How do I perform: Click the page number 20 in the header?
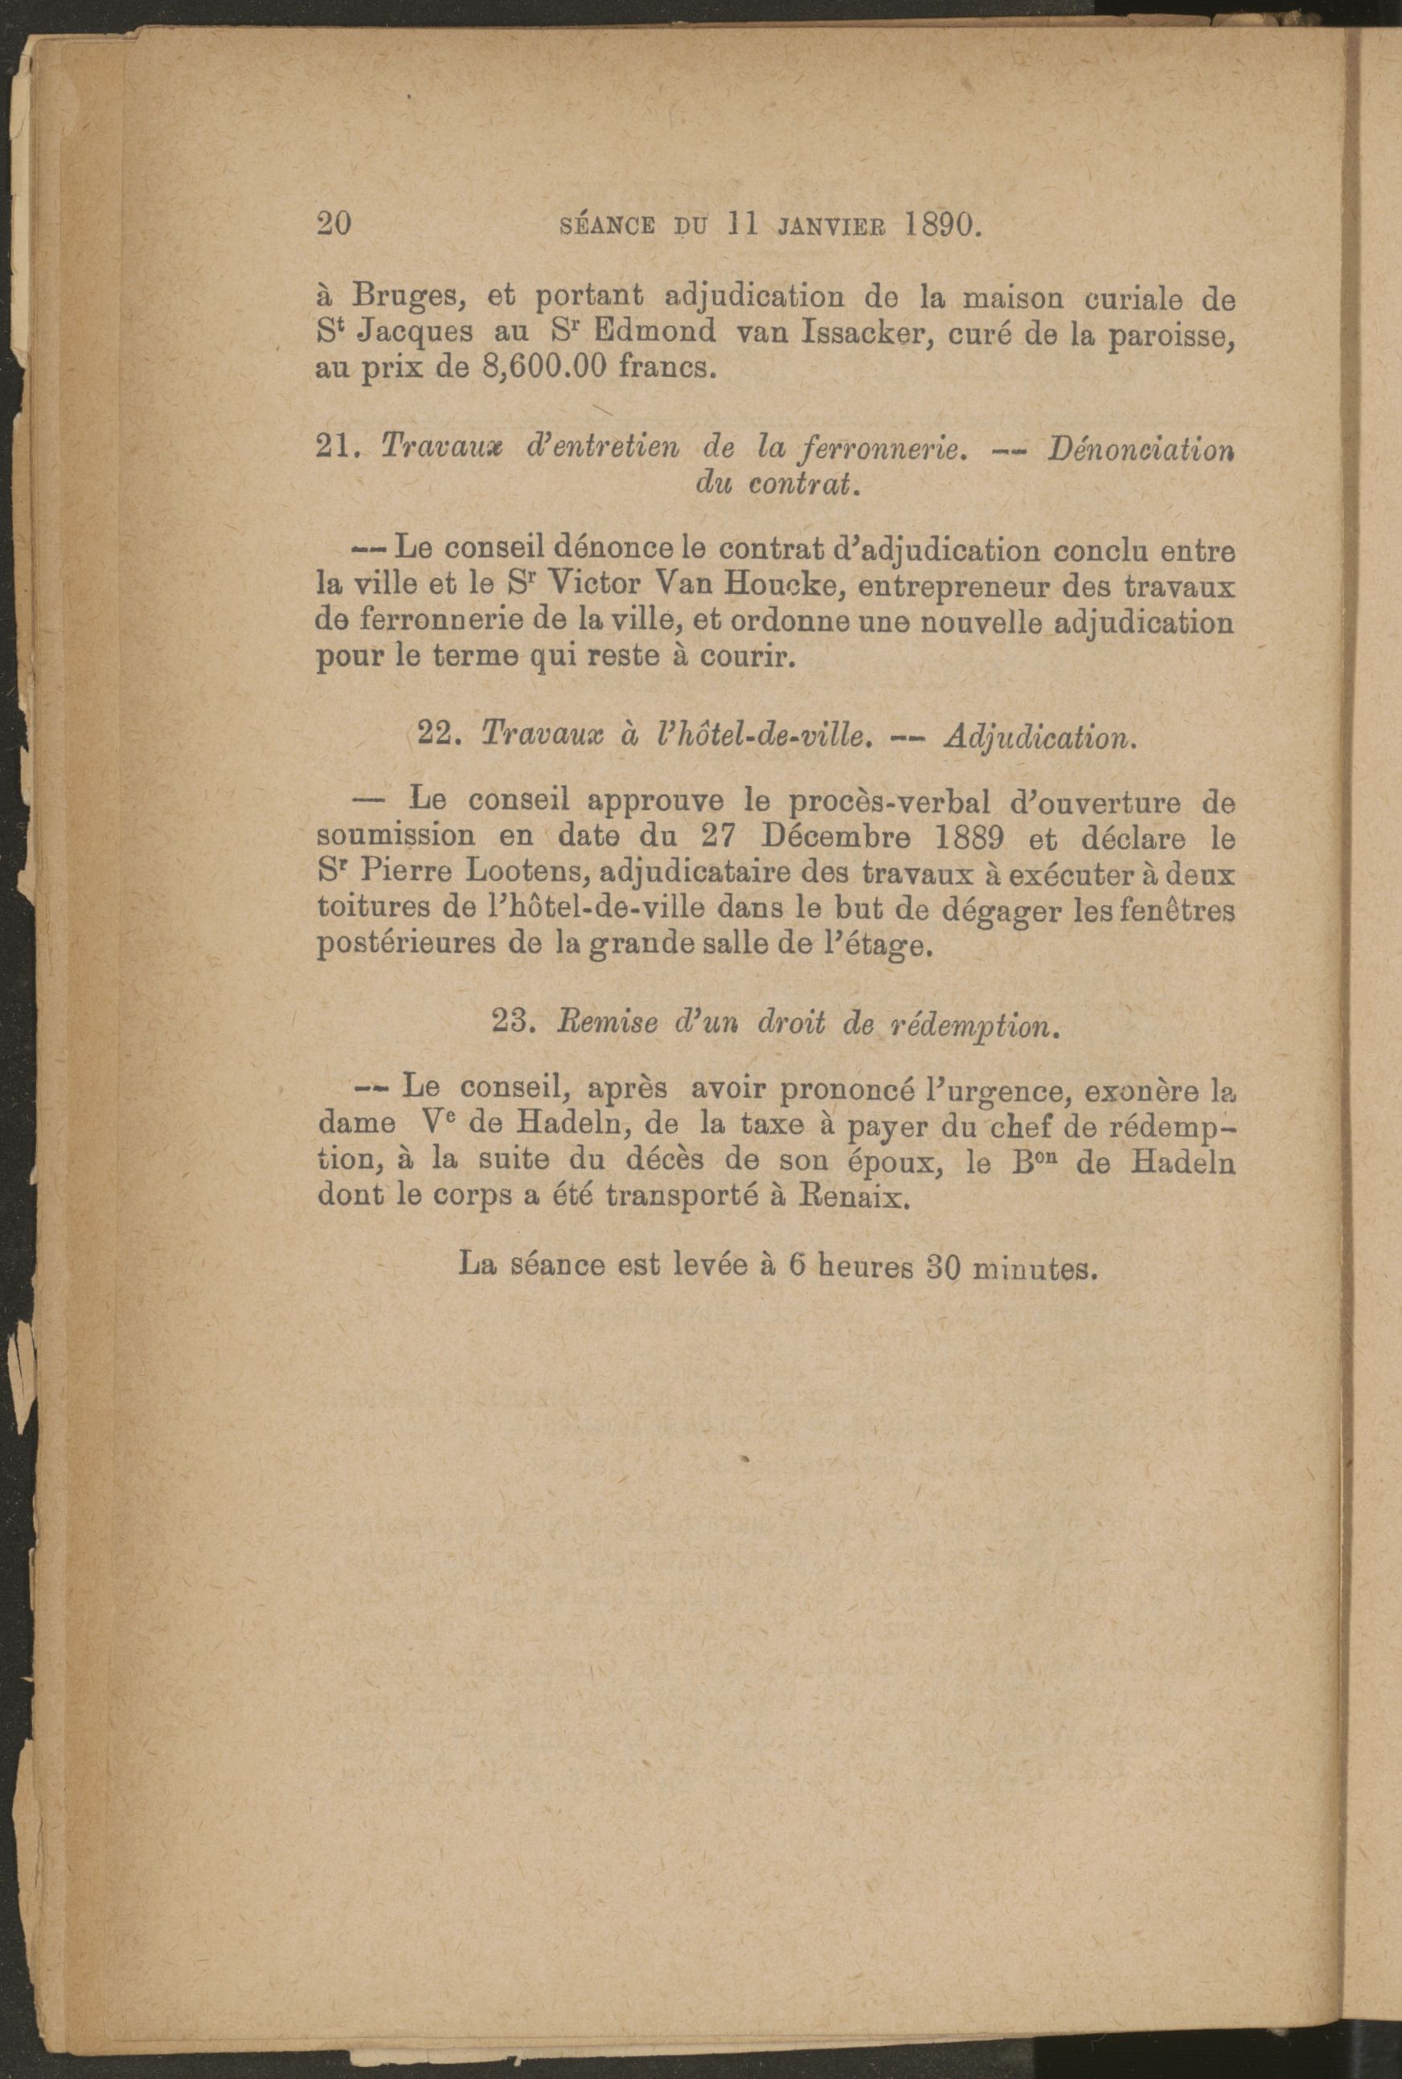336,223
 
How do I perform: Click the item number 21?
337,448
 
